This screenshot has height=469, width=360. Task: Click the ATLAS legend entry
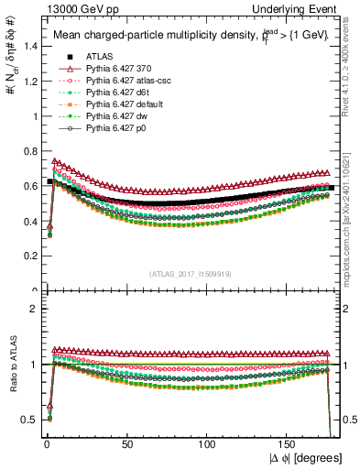tap(98, 57)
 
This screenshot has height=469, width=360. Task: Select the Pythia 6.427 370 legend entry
tap(115, 69)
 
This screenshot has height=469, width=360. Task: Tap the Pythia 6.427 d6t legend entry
tap(114, 93)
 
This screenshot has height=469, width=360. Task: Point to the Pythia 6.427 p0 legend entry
tap(113, 128)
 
